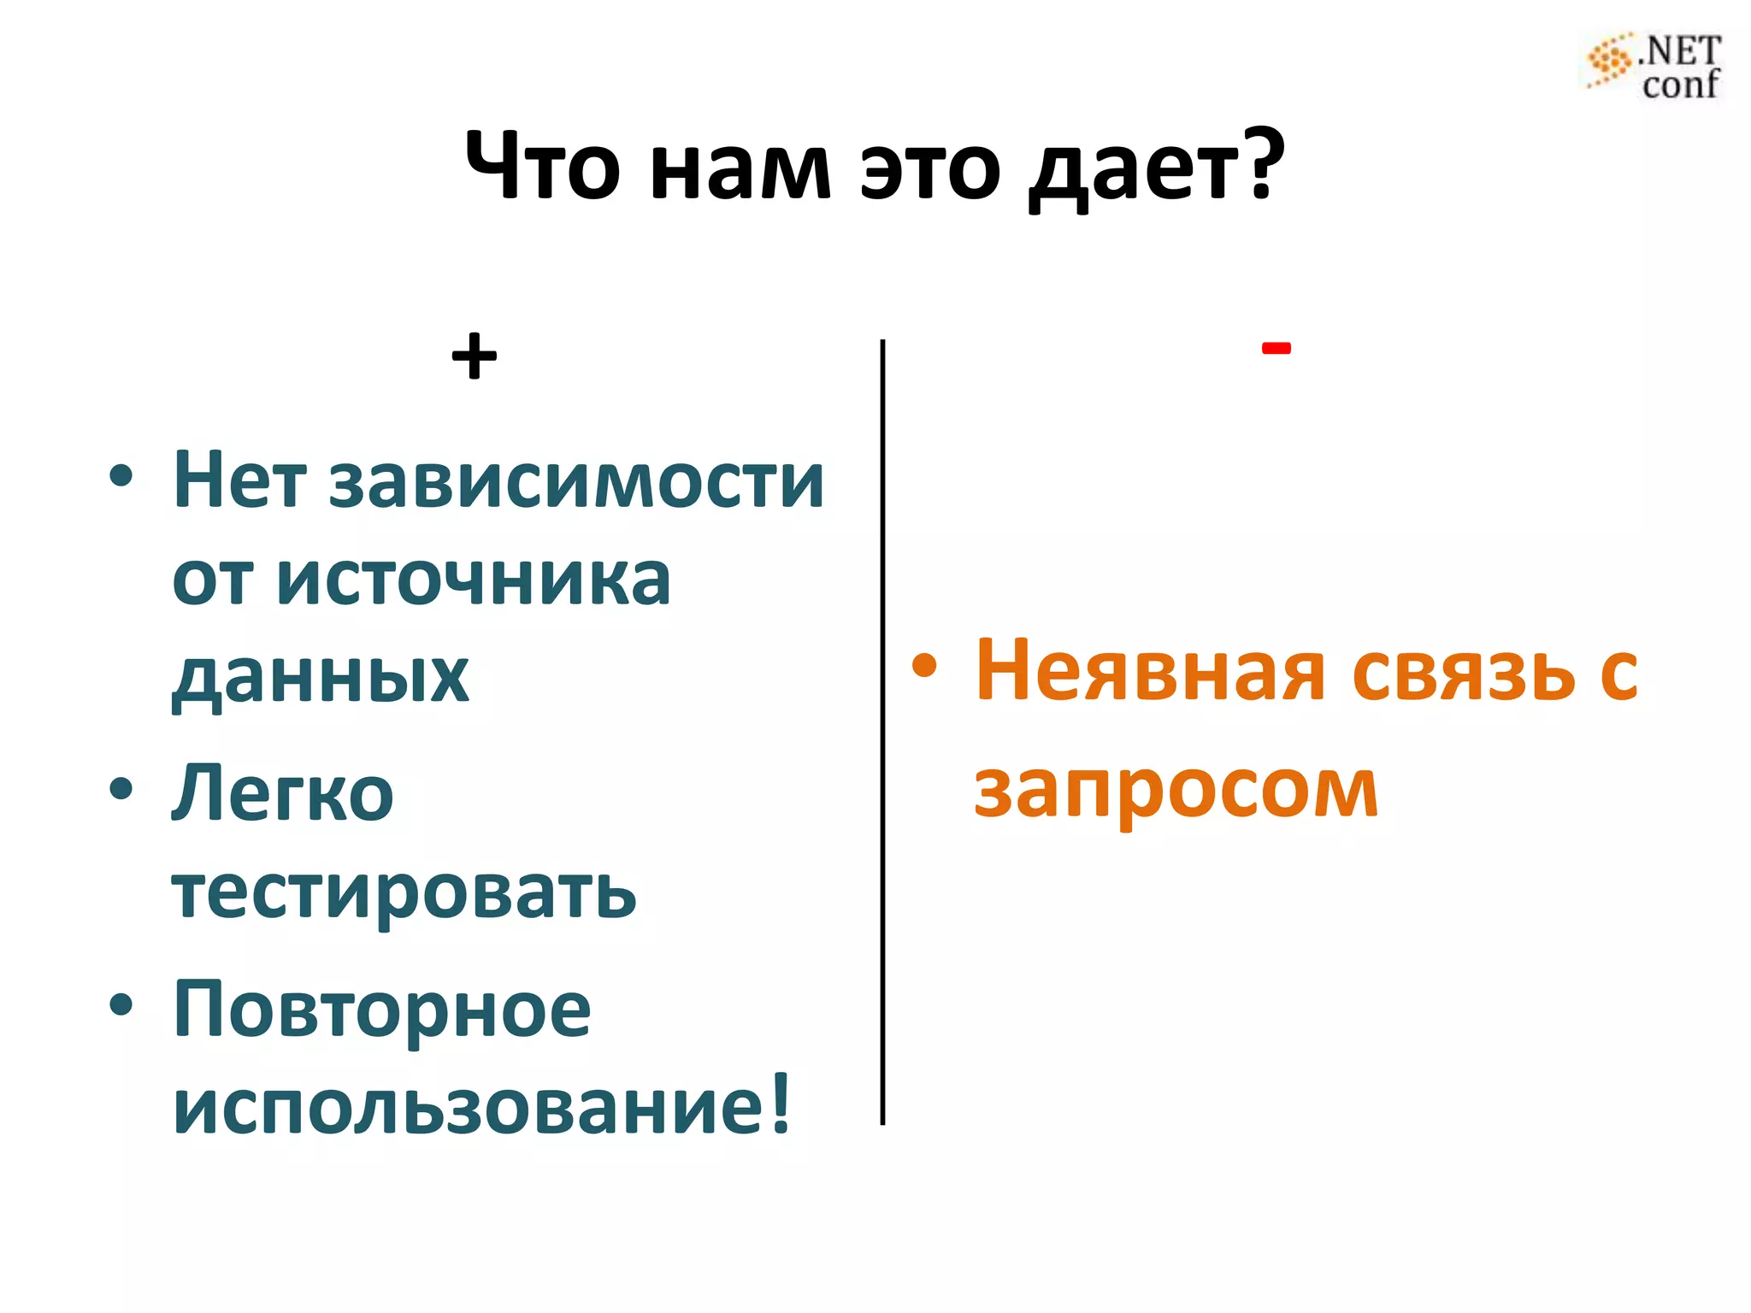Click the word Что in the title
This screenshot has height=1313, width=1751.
click(542, 166)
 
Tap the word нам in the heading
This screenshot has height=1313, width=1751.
click(740, 168)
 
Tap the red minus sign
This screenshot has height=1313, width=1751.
click(1276, 348)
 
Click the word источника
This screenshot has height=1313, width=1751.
click(474, 580)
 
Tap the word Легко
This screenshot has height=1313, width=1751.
click(283, 794)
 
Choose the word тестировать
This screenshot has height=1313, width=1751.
click(404, 892)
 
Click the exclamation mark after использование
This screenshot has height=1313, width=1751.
click(780, 1103)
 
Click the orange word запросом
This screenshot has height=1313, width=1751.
click(1176, 791)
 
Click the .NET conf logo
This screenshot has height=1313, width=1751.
click(1654, 67)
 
